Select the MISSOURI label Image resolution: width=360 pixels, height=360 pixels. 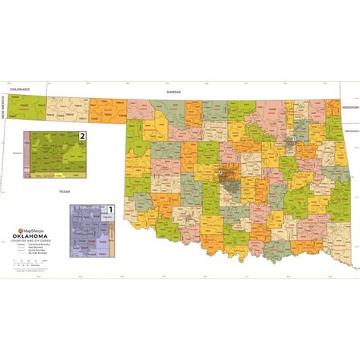[349, 107]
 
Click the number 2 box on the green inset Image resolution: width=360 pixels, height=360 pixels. [83, 136]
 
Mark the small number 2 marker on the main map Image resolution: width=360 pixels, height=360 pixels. [220, 172]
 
